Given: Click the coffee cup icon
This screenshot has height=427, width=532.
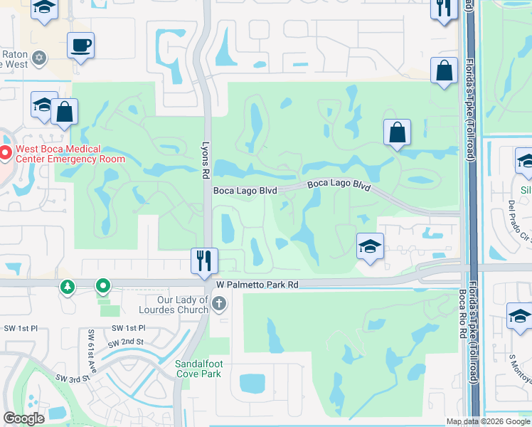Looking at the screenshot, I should click(x=80, y=46).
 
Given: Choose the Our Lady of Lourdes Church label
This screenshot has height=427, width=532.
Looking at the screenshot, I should click(x=183, y=305).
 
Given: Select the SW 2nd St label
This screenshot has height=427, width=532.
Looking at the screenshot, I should click(x=125, y=343).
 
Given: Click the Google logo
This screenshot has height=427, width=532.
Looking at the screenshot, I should click(x=24, y=418).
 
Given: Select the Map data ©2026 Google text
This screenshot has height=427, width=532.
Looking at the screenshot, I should click(x=488, y=421).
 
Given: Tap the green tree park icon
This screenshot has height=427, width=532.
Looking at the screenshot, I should click(x=68, y=287).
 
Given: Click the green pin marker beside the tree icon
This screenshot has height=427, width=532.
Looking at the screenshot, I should click(x=103, y=287).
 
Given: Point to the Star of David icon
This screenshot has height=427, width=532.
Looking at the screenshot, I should click(x=39, y=57).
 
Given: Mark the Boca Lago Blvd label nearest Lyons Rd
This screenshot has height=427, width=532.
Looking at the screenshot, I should click(x=245, y=191).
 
